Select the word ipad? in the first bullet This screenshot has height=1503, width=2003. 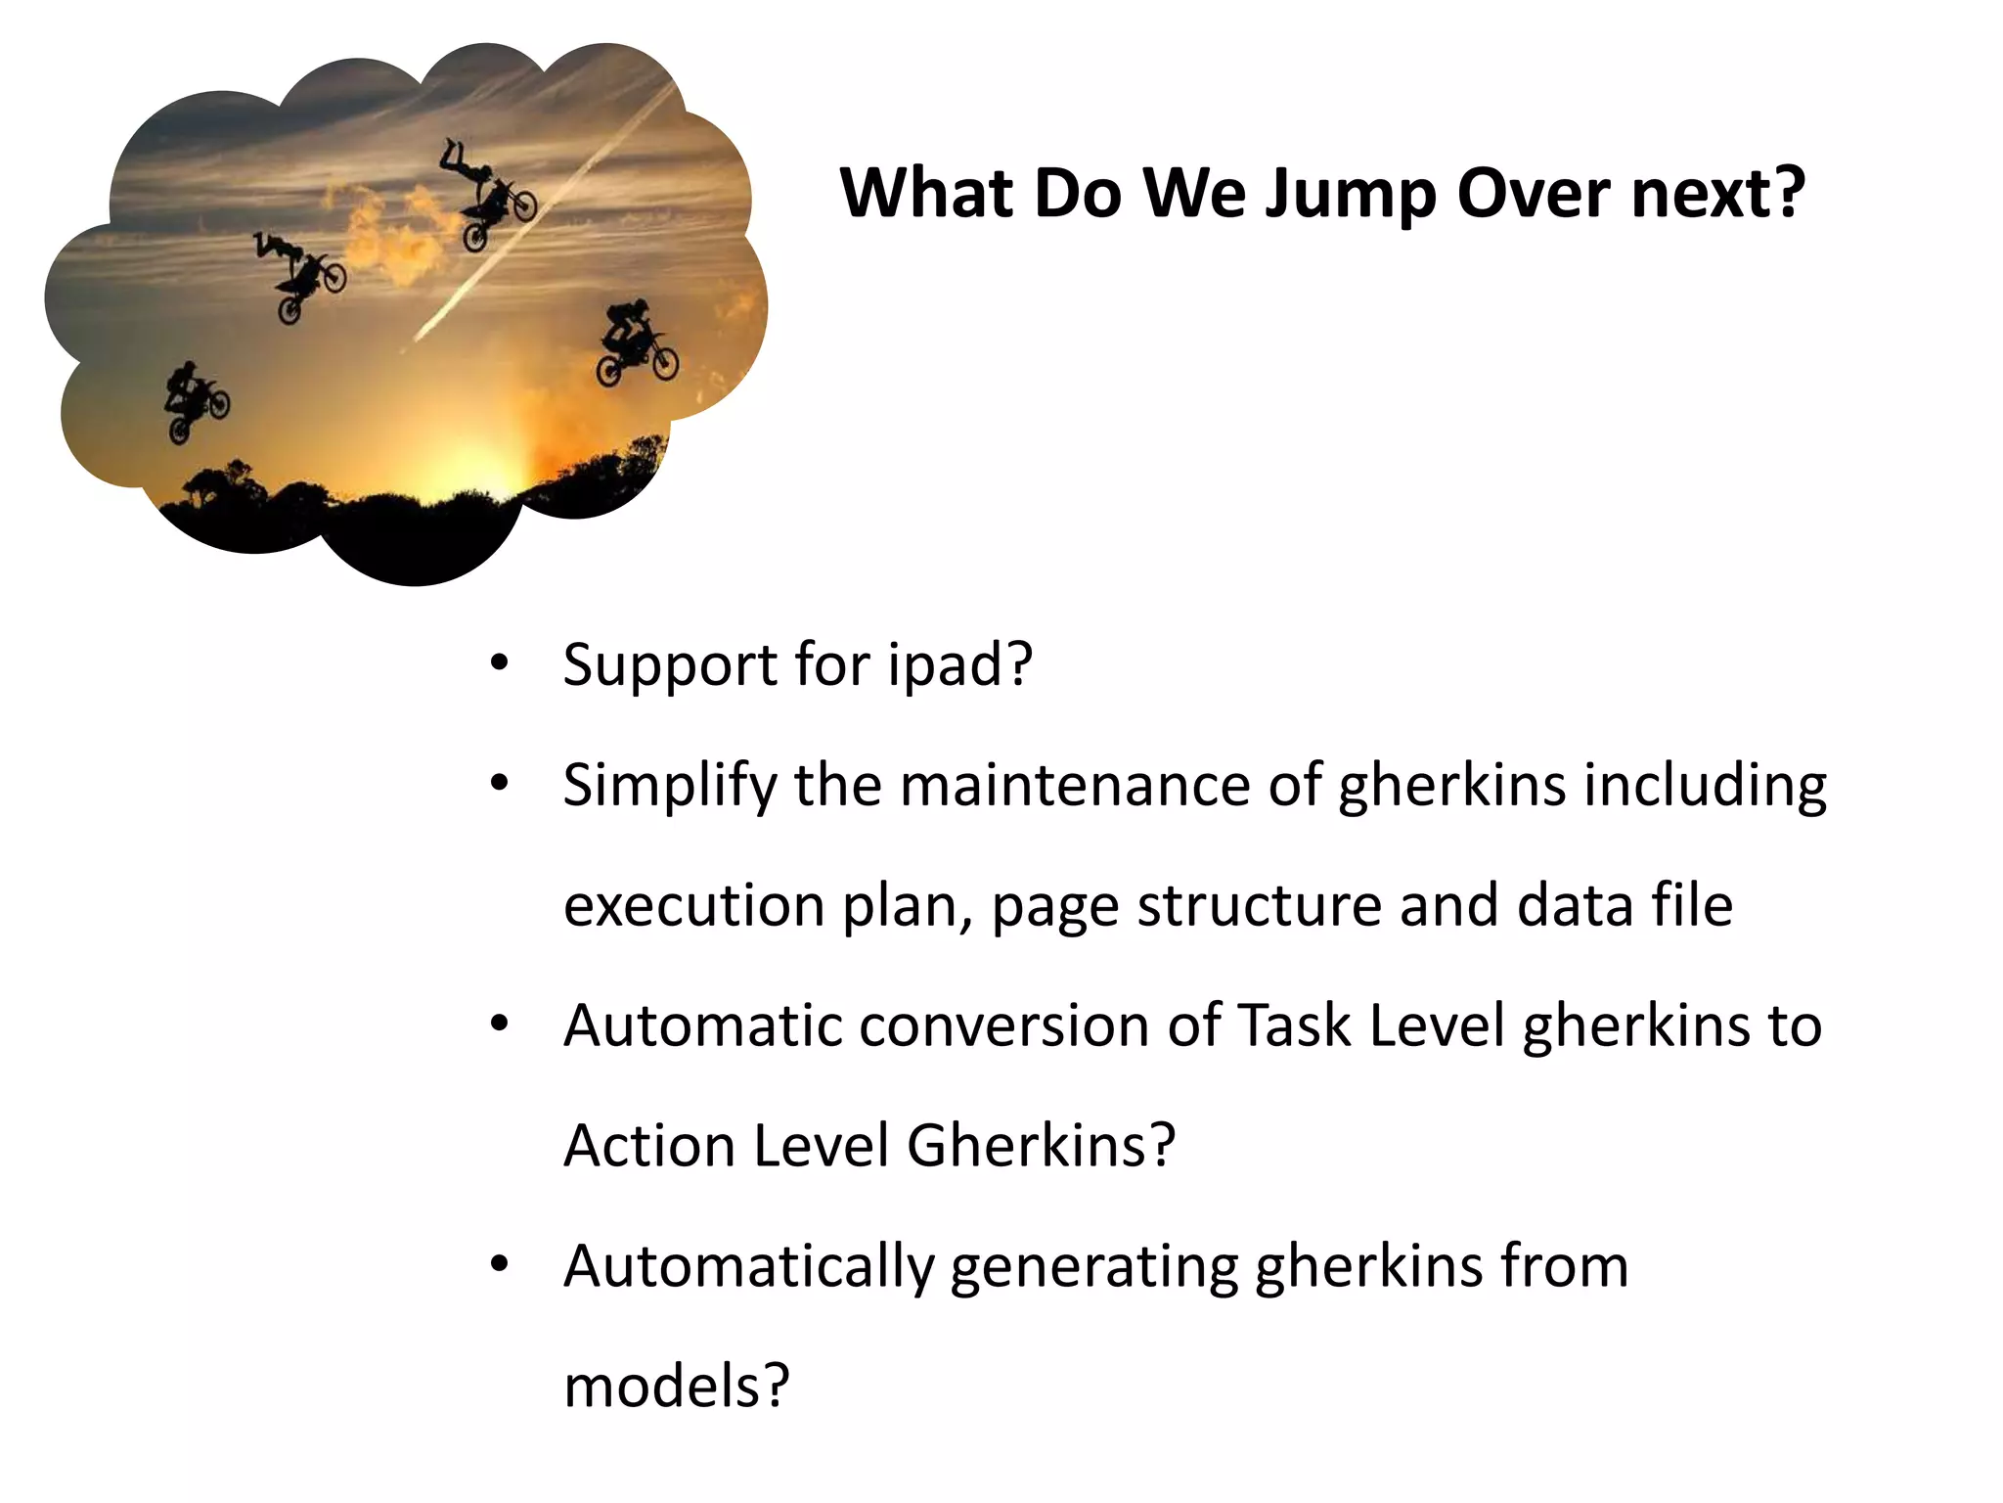(959, 666)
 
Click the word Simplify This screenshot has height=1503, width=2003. (669, 787)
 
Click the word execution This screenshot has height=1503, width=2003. (693, 906)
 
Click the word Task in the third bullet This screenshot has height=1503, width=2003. (1295, 1026)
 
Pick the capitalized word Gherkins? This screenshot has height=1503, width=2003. (1041, 1146)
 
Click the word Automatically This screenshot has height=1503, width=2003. (748, 1267)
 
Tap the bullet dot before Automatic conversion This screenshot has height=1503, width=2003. (500, 1025)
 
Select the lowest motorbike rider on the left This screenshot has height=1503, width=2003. (195, 401)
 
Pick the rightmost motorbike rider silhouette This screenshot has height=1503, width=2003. (635, 342)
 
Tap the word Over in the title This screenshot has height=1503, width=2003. (1533, 194)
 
